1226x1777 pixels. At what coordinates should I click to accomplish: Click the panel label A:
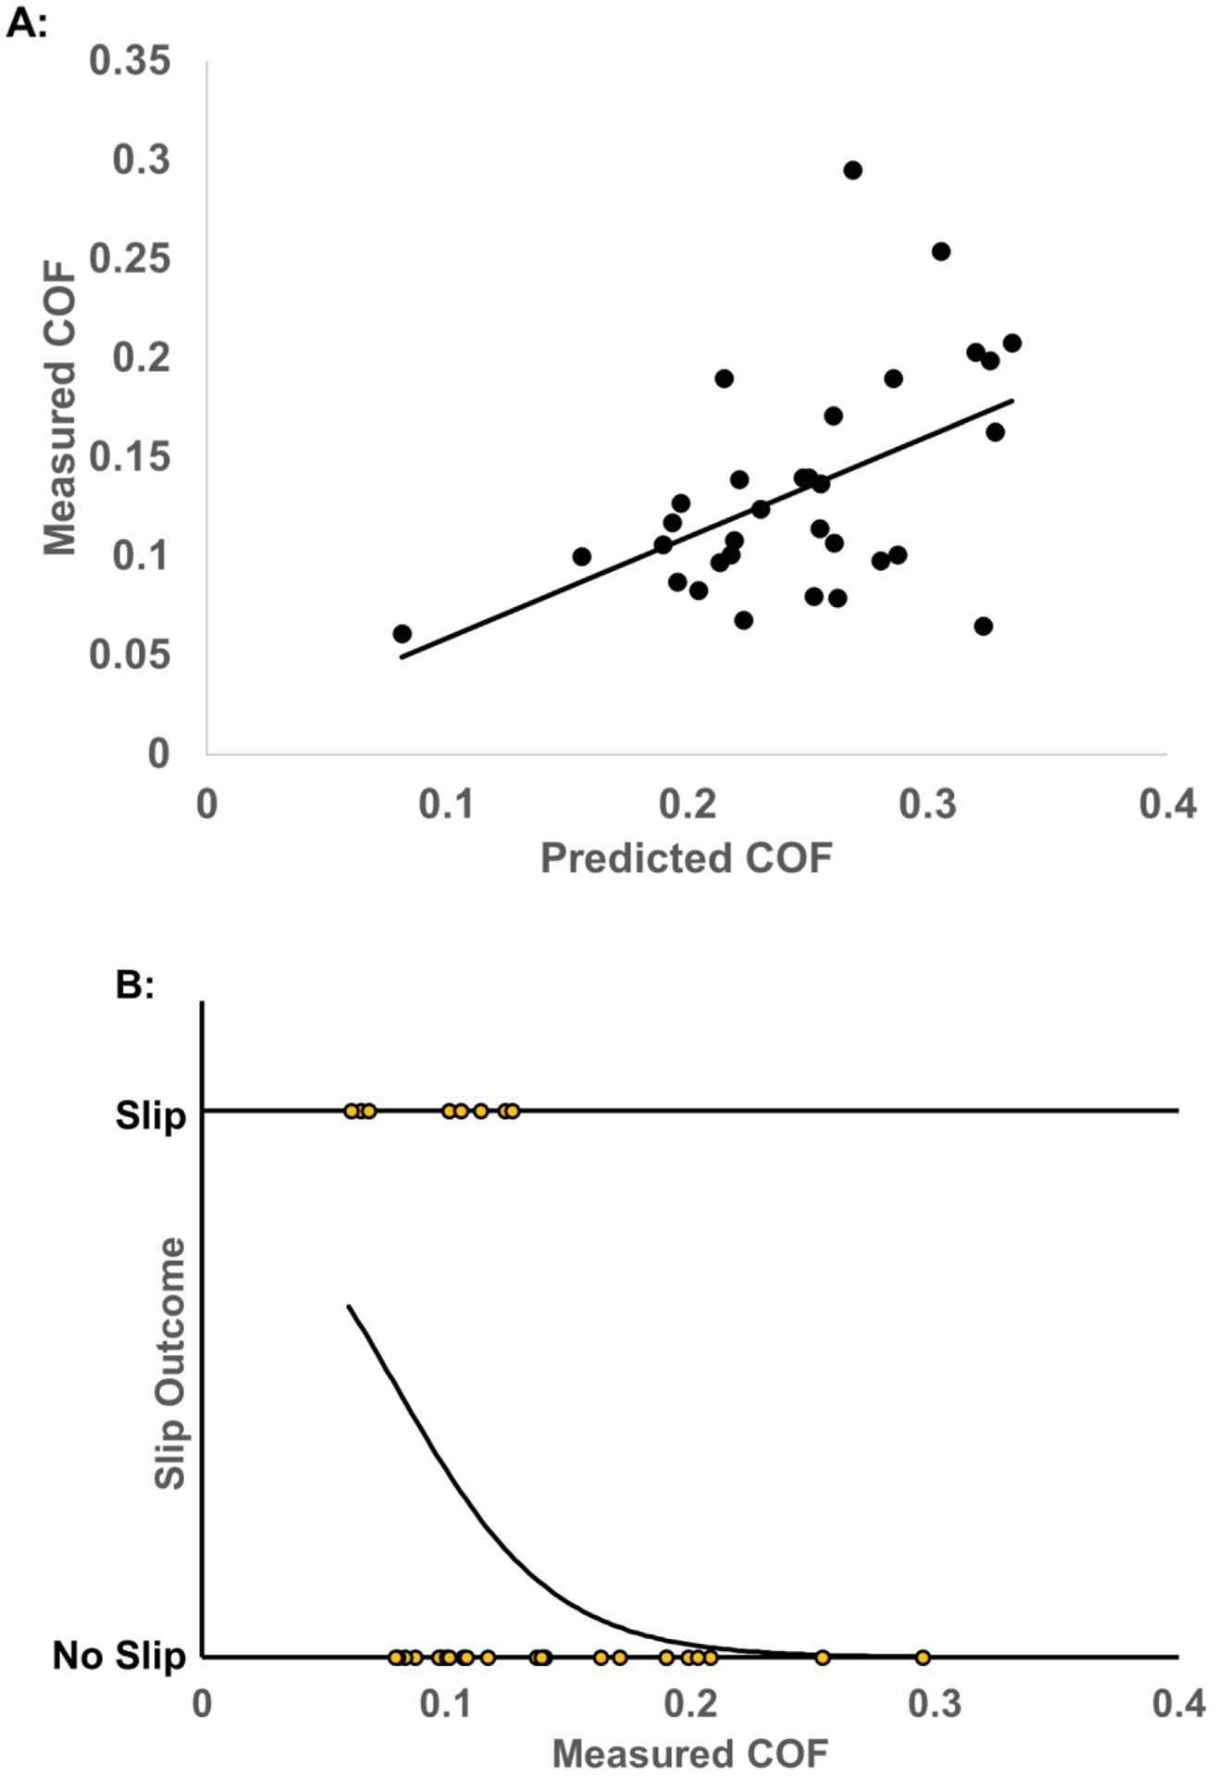tap(26, 23)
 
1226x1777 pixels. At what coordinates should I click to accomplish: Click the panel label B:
tap(134, 986)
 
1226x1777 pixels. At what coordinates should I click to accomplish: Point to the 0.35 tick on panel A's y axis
tap(130, 61)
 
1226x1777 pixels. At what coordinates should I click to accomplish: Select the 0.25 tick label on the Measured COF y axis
tap(130, 258)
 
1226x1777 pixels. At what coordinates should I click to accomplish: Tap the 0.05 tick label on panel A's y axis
tap(130, 654)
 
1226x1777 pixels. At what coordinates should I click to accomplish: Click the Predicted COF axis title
tap(686, 858)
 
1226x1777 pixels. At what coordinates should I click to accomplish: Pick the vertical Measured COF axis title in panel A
tap(60, 407)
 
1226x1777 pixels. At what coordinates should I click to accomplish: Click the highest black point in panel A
tap(852, 170)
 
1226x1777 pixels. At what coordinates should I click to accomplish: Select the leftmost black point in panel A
tap(402, 634)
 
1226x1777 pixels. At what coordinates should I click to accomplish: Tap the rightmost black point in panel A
tap(1012, 343)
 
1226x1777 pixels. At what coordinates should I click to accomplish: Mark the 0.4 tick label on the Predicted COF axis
tap(1167, 804)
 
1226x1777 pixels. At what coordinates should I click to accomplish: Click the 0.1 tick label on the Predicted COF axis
tap(446, 804)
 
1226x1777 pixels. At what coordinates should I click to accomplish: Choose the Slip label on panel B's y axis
tap(150, 1115)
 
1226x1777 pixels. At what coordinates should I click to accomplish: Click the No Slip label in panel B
tap(118, 1656)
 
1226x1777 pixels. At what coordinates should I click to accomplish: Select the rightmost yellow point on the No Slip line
tap(922, 1657)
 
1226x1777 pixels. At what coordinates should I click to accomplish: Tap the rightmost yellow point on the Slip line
tap(512, 1111)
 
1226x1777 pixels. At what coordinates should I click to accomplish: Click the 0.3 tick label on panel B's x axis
tap(935, 1703)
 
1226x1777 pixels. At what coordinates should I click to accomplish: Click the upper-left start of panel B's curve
tap(349, 1306)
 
